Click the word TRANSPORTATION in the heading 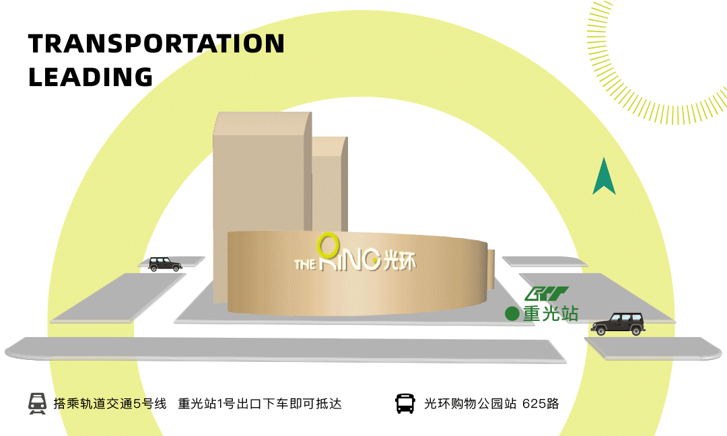coord(156,44)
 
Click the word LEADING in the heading coord(91,77)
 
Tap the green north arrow coord(604,176)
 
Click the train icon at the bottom coord(37,403)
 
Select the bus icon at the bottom coord(405,403)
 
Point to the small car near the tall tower coord(165,264)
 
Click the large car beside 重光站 coord(618,324)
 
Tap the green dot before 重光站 coord(512,313)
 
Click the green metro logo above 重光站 coord(547,295)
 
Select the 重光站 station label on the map coord(550,313)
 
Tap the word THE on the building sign coord(305,263)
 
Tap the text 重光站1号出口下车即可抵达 coord(260,404)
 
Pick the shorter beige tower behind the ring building coord(329,182)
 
